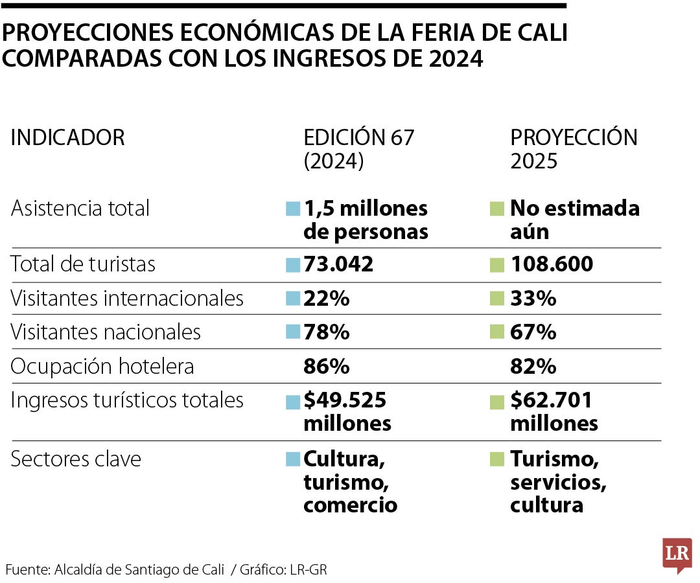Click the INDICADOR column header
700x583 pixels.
tap(67, 137)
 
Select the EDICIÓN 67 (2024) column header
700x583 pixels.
tap(358, 149)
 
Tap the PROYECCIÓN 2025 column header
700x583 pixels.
tap(574, 149)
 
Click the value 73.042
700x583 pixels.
tap(338, 264)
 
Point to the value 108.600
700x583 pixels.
tap(552, 264)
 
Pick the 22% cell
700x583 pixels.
tap(327, 299)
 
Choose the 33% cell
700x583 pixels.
tap(533, 299)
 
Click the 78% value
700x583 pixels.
tap(327, 332)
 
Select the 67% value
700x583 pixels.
tap(533, 332)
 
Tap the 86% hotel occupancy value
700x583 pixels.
tap(327, 367)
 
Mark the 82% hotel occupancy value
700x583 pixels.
tap(533, 367)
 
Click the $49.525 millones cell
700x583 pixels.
tap(347, 412)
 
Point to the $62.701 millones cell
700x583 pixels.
tap(554, 412)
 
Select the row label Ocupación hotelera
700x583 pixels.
tap(102, 367)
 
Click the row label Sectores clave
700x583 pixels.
tap(76, 459)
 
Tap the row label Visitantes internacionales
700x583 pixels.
tap(127, 299)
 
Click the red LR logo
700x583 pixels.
tap(677, 554)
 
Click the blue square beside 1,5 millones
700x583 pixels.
tap(293, 209)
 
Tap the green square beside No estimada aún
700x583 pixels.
tap(497, 209)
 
